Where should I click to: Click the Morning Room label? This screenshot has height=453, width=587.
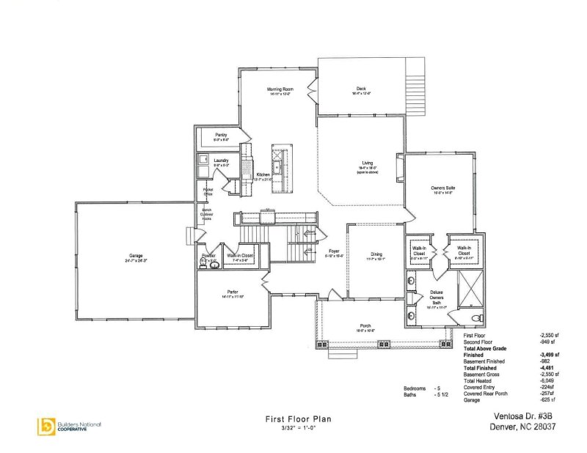pyautogui.click(x=279, y=89)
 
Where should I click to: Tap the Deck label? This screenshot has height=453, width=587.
pyautogui.click(x=361, y=89)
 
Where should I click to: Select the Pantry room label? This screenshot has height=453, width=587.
pyautogui.click(x=220, y=135)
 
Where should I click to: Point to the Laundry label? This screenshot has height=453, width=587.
pyautogui.click(x=222, y=161)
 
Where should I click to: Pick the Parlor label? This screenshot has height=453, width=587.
pyautogui.click(x=233, y=292)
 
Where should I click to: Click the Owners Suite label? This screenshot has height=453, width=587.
pyautogui.click(x=443, y=188)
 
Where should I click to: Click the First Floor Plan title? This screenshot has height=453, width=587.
pyautogui.click(x=298, y=419)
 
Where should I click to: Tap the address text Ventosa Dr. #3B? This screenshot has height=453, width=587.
pyautogui.click(x=518, y=415)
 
